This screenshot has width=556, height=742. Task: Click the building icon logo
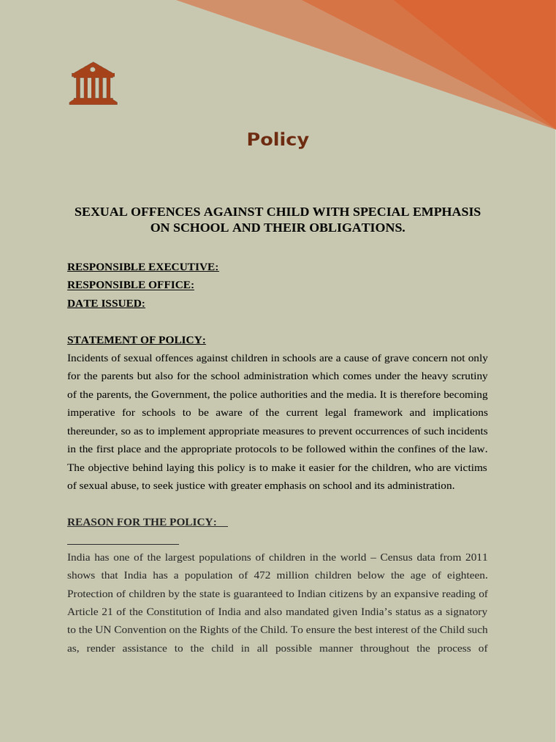coord(93,83)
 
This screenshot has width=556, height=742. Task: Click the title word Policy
coord(277,139)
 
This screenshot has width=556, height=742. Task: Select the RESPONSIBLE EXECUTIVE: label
coord(143,267)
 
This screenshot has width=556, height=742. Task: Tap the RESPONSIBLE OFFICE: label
coord(130,285)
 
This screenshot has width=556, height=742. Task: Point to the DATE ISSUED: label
coord(106,303)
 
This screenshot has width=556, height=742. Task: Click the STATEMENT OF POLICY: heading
coord(136,339)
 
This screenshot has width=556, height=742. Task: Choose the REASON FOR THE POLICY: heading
coord(142,522)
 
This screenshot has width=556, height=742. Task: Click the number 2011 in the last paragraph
coord(475,557)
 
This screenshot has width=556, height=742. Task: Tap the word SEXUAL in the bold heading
coord(101,212)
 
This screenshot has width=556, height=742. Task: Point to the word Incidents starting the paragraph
coord(93,358)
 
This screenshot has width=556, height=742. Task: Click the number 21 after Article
coord(111,612)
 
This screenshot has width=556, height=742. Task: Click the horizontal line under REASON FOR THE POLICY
coord(123,543)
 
